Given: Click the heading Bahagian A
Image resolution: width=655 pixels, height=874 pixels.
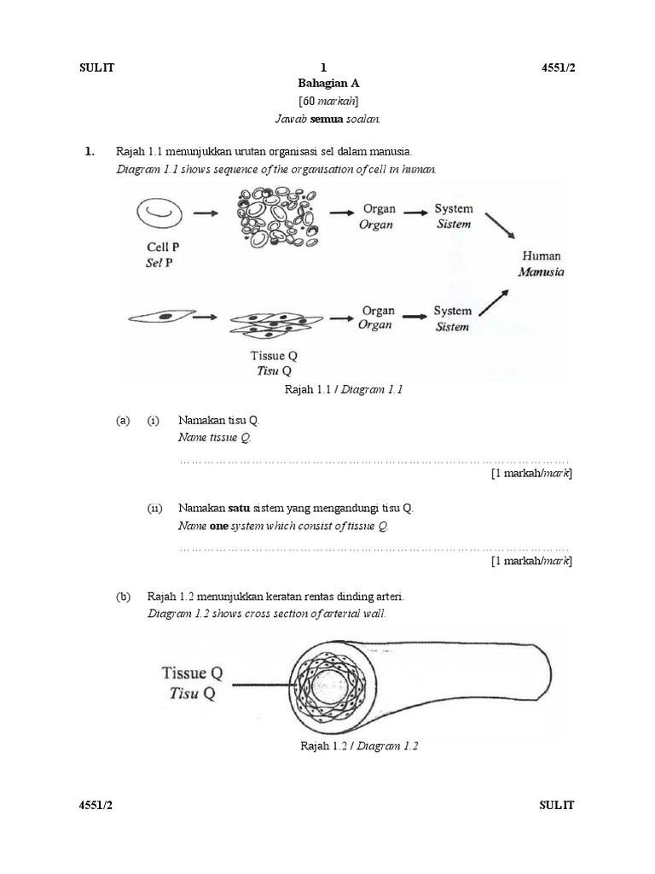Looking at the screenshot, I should [x=328, y=84].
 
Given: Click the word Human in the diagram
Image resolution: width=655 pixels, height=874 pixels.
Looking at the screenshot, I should [x=542, y=256].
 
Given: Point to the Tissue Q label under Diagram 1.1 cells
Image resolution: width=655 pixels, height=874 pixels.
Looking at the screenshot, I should [x=275, y=355].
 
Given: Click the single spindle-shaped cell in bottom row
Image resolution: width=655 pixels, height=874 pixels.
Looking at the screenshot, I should [x=158, y=317].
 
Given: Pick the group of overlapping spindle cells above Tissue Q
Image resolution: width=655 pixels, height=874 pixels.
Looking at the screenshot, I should [x=276, y=323].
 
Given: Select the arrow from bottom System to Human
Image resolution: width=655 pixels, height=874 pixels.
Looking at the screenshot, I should [x=499, y=303].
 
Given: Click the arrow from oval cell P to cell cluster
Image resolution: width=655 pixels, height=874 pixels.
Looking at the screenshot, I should [x=206, y=214].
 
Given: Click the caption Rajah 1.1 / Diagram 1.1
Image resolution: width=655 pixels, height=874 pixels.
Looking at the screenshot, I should [x=343, y=389].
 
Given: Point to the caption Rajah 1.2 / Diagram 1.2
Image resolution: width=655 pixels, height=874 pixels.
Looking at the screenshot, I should [x=359, y=745].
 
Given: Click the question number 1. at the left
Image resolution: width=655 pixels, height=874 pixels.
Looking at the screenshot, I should [x=89, y=152].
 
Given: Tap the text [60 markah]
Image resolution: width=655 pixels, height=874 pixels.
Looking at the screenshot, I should [x=328, y=101].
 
